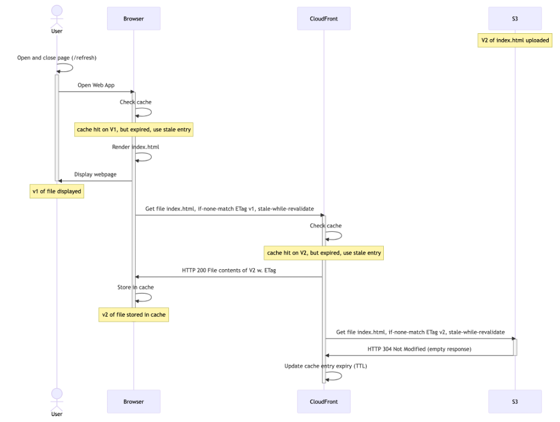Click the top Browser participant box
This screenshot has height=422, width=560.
[133, 18]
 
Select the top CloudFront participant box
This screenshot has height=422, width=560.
[324, 18]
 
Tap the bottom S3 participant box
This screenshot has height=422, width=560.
[515, 401]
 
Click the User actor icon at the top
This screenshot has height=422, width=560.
[57, 13]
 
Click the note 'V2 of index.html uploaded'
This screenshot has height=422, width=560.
[515, 40]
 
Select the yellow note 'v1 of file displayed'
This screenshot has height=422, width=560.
[57, 191]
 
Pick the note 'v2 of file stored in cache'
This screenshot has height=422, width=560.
[133, 314]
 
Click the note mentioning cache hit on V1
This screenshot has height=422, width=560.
[134, 130]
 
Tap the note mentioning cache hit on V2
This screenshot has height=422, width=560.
[324, 253]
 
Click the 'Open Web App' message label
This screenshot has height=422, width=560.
[96, 85]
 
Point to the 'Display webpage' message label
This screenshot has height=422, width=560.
[95, 175]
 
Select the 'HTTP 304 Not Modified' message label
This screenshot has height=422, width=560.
[419, 349]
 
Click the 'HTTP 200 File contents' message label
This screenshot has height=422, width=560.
[229, 270]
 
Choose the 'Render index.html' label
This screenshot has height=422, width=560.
[135, 147]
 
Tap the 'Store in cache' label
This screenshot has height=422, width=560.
[135, 287]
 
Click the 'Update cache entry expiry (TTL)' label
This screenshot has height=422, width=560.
[326, 366]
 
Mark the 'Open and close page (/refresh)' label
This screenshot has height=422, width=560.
[57, 58]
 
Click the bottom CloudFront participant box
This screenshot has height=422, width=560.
[324, 401]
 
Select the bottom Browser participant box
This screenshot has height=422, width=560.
[133, 401]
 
